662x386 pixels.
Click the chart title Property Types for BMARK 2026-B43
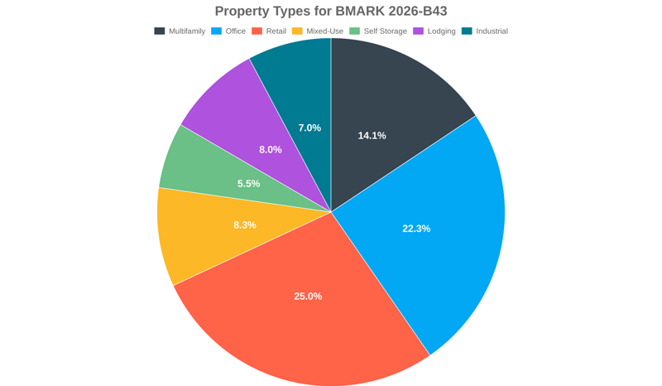[x=331, y=11]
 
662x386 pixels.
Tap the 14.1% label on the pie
[x=372, y=136]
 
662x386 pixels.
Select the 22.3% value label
[x=416, y=229]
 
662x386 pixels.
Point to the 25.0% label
[x=308, y=297]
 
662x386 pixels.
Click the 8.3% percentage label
[x=245, y=225]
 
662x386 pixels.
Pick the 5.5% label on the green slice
[x=248, y=184]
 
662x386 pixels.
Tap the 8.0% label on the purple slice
[x=271, y=150]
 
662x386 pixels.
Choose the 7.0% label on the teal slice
[x=309, y=128]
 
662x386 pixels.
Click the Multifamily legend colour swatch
[x=160, y=31]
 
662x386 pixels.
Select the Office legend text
[x=236, y=31]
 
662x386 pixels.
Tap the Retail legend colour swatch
[x=257, y=31]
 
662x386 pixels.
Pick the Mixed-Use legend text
[x=324, y=31]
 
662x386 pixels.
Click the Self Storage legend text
[x=385, y=31]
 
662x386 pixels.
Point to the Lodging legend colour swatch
[x=419, y=31]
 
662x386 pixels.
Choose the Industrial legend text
[x=492, y=31]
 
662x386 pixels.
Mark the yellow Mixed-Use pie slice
[x=199, y=240]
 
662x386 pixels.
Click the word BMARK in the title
[x=362, y=11]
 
